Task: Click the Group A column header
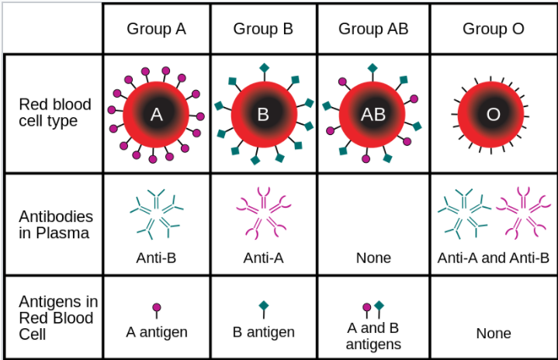click(x=156, y=29)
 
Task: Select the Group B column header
click(x=263, y=29)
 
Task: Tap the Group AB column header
click(x=373, y=29)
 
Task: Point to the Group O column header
click(x=494, y=29)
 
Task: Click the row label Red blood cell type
click(x=55, y=112)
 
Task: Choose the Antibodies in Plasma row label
click(x=56, y=225)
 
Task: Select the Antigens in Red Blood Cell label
click(x=58, y=317)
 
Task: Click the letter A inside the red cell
click(x=156, y=115)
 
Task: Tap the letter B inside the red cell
click(x=263, y=115)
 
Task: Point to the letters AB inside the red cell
click(x=373, y=115)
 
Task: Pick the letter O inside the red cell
click(x=494, y=115)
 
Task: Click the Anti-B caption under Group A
click(x=156, y=258)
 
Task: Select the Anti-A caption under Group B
click(x=263, y=258)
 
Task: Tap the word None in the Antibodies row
click(x=373, y=258)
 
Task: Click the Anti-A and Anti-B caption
click(x=494, y=258)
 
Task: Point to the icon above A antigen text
click(x=157, y=310)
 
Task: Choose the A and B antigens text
click(x=373, y=336)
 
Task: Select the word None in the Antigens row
click(x=494, y=334)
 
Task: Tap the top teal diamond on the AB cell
click(x=373, y=68)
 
